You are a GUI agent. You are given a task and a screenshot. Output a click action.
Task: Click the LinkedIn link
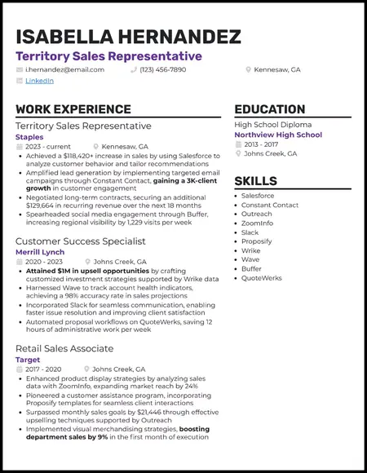[39, 81]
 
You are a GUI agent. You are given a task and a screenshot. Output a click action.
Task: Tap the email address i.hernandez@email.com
[64, 69]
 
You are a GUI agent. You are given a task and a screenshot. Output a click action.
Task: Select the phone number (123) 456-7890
[163, 69]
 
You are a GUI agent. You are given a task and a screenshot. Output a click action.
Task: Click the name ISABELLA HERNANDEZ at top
[128, 37]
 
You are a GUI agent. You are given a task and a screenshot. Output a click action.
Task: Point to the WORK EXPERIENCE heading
[73, 109]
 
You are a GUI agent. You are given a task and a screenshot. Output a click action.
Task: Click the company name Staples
[29, 137]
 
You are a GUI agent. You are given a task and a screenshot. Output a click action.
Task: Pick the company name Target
[28, 360]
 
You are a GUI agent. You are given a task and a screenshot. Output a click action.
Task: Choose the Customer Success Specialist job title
[81, 241]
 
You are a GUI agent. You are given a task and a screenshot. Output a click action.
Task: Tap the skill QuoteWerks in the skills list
[262, 277]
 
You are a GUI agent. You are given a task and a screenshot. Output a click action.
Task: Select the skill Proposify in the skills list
[257, 241]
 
